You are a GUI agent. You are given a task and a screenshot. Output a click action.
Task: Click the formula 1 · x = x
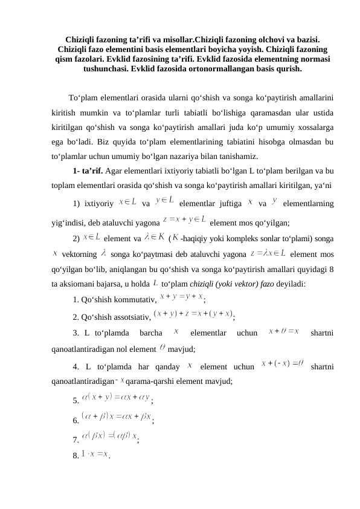95,452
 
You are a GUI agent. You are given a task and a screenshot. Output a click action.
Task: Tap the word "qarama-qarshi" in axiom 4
149,381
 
